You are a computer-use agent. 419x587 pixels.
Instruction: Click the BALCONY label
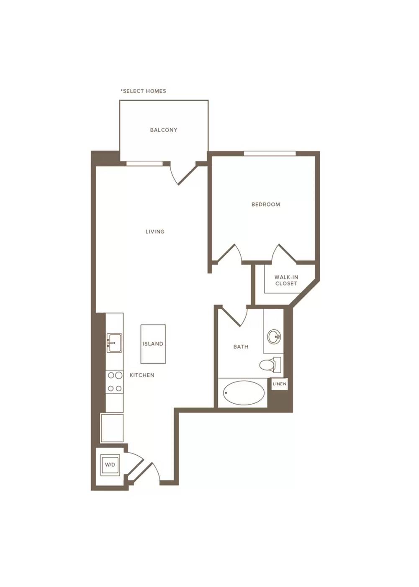(x=164, y=130)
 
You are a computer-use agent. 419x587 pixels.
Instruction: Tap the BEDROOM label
(x=266, y=204)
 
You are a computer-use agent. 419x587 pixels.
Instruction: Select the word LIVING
(x=155, y=231)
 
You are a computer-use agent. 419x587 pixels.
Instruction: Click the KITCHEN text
(x=142, y=375)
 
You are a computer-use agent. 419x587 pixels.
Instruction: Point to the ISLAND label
(x=153, y=343)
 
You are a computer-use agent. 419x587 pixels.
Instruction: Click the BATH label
(x=241, y=347)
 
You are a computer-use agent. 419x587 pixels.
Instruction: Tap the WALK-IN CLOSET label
(x=286, y=280)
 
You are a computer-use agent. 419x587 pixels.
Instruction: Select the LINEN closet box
(x=280, y=384)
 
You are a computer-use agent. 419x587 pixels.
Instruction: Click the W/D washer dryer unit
(x=110, y=464)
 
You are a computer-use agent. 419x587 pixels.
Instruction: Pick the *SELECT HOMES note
(x=143, y=91)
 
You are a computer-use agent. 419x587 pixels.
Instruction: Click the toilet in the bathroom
(x=270, y=364)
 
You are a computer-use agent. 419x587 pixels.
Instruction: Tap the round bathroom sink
(x=274, y=336)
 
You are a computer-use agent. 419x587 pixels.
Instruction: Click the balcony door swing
(x=183, y=173)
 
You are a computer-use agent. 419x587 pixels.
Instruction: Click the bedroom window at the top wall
(x=270, y=153)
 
